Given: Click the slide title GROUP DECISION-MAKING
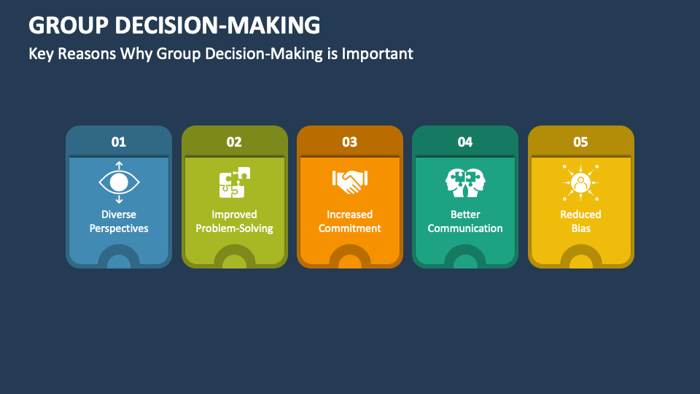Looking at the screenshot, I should (174, 26).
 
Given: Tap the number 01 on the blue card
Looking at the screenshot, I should (119, 142).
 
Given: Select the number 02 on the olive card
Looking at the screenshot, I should (234, 142).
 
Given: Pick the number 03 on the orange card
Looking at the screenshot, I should (350, 142).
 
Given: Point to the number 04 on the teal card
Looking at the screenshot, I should (465, 142).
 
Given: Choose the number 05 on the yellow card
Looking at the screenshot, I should (580, 142).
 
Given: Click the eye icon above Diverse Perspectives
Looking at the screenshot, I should (119, 182).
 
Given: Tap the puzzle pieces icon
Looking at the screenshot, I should (234, 182).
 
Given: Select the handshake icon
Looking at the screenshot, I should (350, 182).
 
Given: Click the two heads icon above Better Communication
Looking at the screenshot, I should (465, 182).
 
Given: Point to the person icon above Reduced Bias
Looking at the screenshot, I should (580, 182).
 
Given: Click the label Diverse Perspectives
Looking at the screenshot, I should (119, 221).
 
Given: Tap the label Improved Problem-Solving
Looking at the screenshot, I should (234, 221).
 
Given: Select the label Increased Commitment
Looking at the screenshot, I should (350, 221).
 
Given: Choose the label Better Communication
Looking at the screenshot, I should (465, 221).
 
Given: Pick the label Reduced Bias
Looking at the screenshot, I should (580, 221).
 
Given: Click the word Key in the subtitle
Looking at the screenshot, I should (40, 53).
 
